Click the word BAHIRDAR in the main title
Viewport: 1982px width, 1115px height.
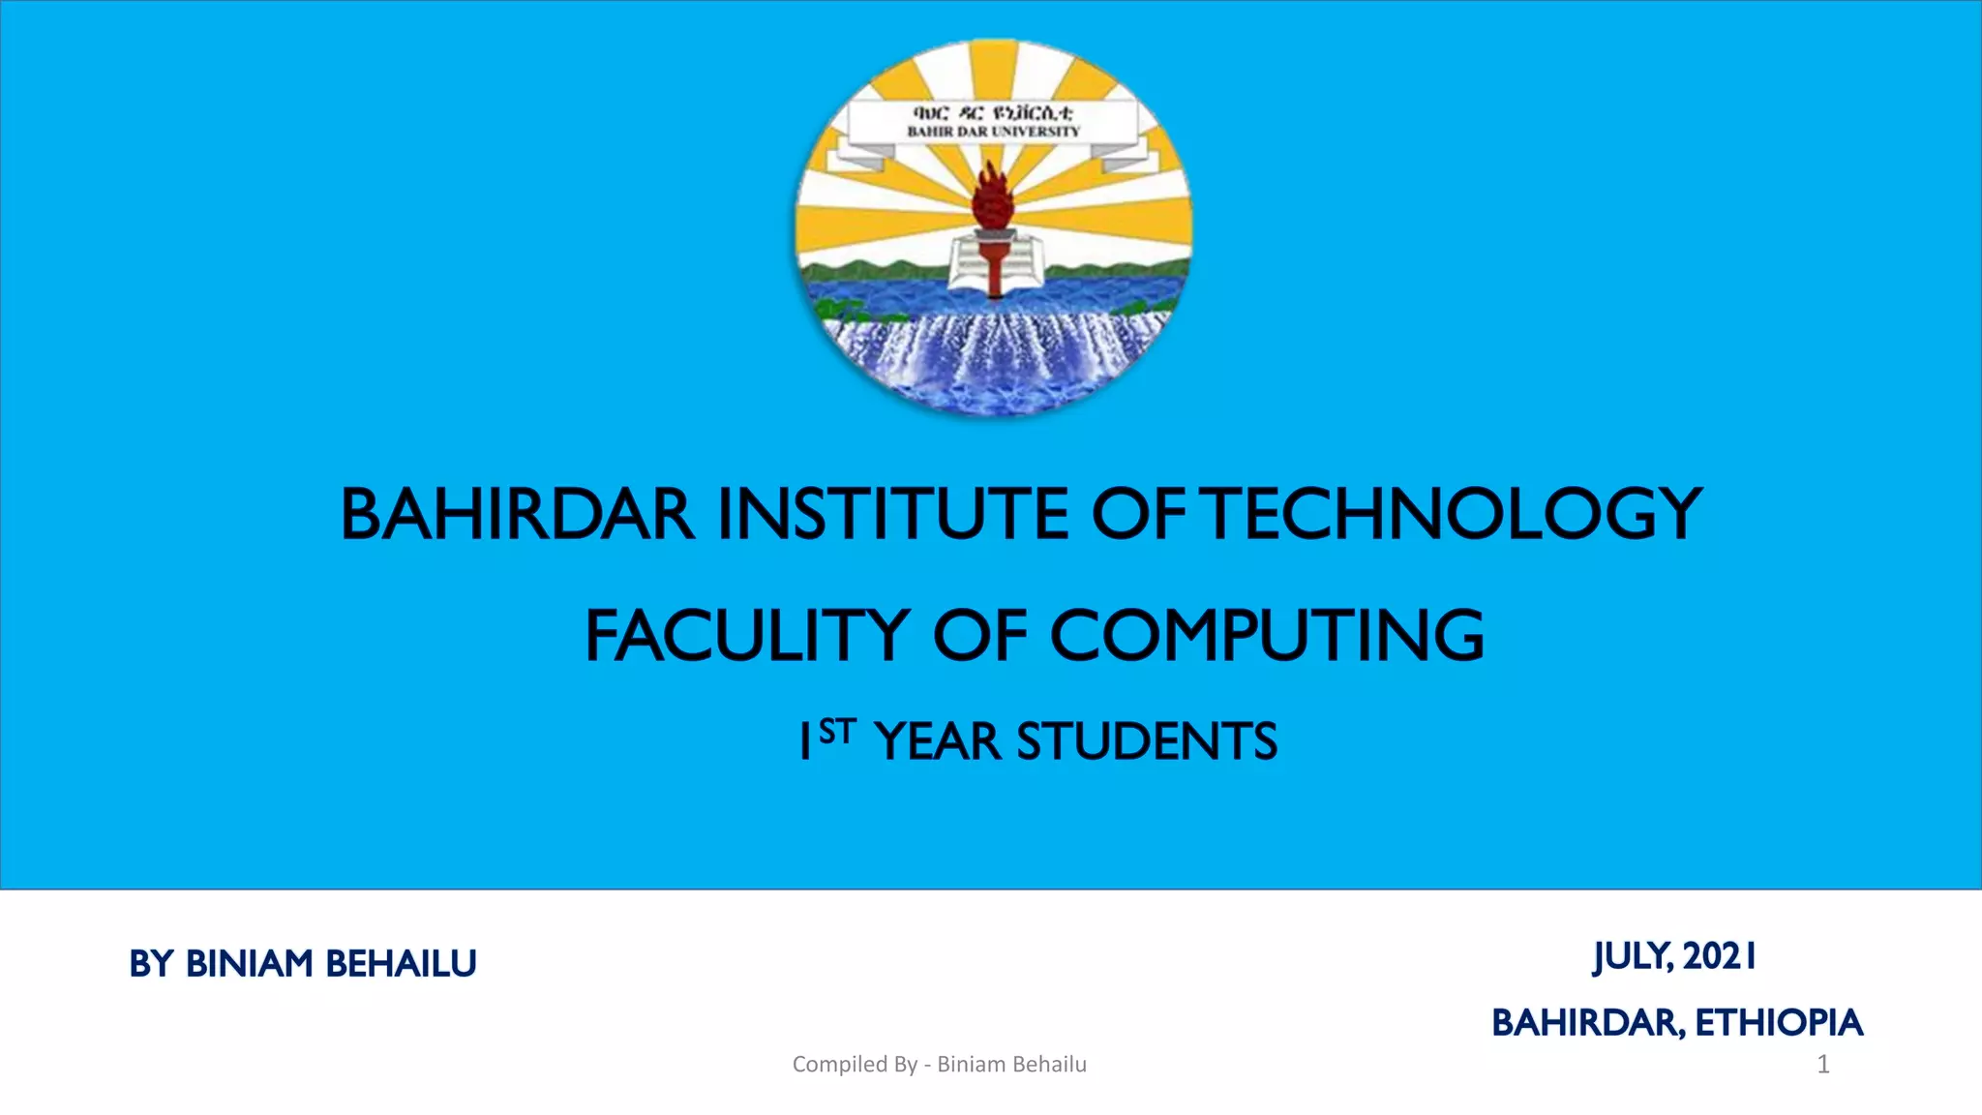[517, 514]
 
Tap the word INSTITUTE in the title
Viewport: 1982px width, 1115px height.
[892, 514]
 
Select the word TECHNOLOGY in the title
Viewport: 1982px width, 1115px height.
[1455, 514]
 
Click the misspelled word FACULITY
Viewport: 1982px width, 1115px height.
[746, 636]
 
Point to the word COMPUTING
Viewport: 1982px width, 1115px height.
[1267, 636]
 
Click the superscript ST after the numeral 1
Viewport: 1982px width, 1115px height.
[837, 731]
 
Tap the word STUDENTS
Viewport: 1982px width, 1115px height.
[1147, 742]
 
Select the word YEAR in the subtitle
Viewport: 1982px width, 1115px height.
[937, 742]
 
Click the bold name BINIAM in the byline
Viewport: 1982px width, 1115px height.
[249, 964]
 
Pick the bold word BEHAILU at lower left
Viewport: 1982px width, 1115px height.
[401, 964]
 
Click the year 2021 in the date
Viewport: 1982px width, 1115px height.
[1720, 956]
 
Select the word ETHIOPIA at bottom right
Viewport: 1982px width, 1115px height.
[1779, 1023]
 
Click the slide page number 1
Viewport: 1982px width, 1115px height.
[1823, 1065]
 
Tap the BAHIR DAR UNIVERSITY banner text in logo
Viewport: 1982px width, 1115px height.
[993, 132]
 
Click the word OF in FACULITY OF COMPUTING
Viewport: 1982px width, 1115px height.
[979, 636]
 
